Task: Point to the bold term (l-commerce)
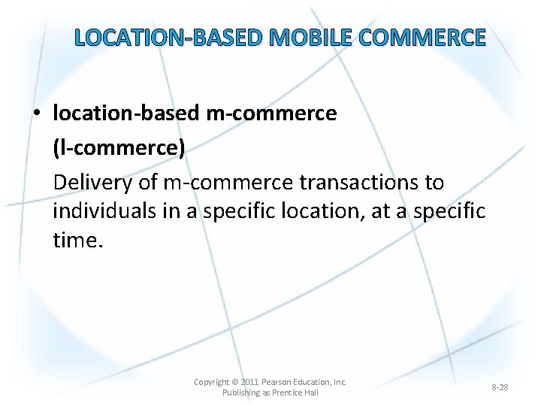[119, 148]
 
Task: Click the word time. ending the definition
[77, 240]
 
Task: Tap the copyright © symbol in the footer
[234, 382]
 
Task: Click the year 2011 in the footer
[249, 382]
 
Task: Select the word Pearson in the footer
[277, 382]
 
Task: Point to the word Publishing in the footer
[240, 392]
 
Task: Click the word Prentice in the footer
[286, 392]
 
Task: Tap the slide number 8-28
[500, 387]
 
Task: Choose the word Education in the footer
[315, 382]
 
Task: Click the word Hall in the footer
[311, 392]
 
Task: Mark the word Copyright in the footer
[211, 382]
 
